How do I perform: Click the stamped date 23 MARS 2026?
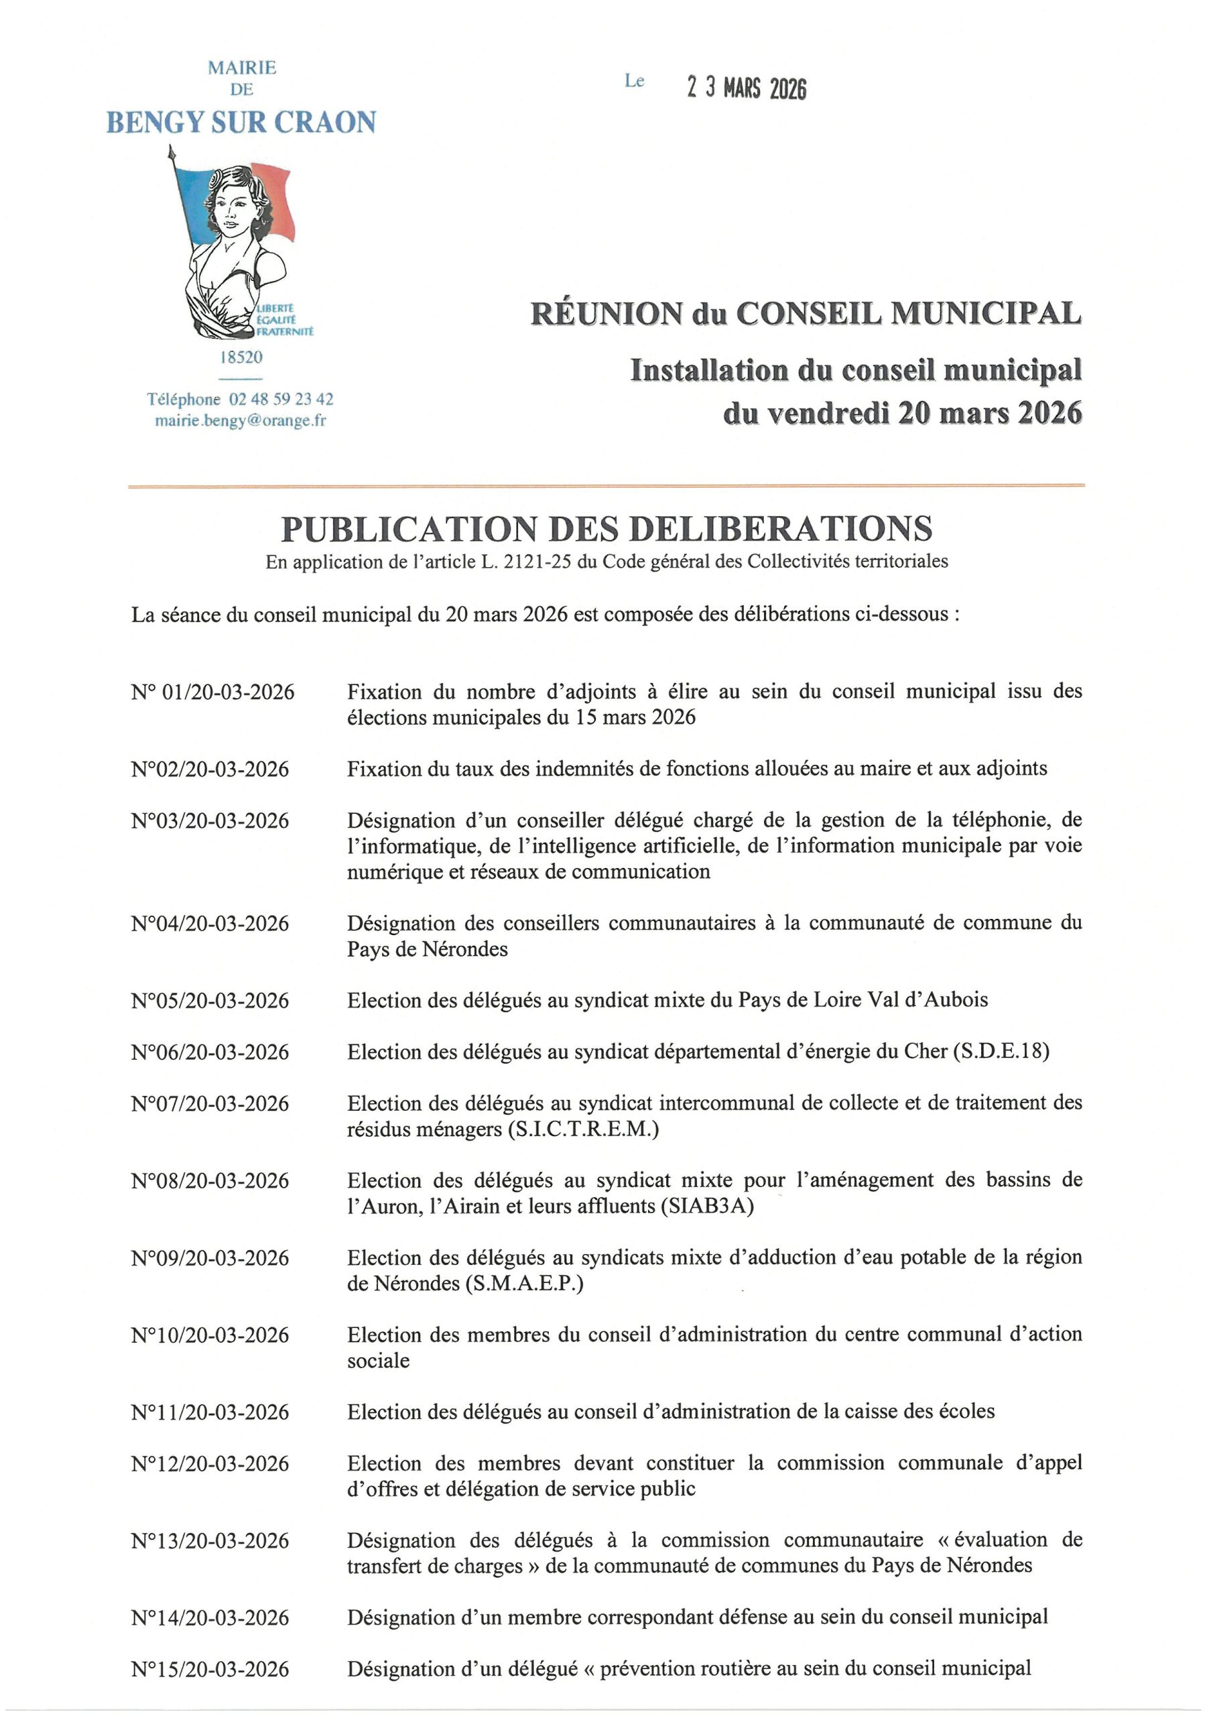747,88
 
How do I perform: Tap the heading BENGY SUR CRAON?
241,123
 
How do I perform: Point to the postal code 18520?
241,357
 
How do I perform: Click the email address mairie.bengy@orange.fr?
241,421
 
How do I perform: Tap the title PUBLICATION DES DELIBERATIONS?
606,529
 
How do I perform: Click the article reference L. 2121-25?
530,562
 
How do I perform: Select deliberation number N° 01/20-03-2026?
213,692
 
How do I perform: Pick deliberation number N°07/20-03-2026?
210,1104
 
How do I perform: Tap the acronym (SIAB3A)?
707,1207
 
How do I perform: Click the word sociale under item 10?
378,1360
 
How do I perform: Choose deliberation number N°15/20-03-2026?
210,1669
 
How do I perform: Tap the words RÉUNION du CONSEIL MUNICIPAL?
806,313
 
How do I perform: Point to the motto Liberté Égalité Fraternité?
285,320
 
